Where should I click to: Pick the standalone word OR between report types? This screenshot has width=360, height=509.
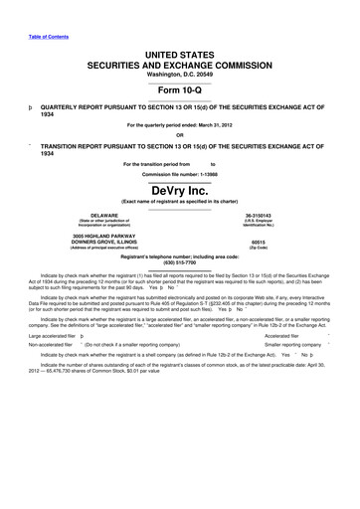pyautogui.click(x=179, y=136)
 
